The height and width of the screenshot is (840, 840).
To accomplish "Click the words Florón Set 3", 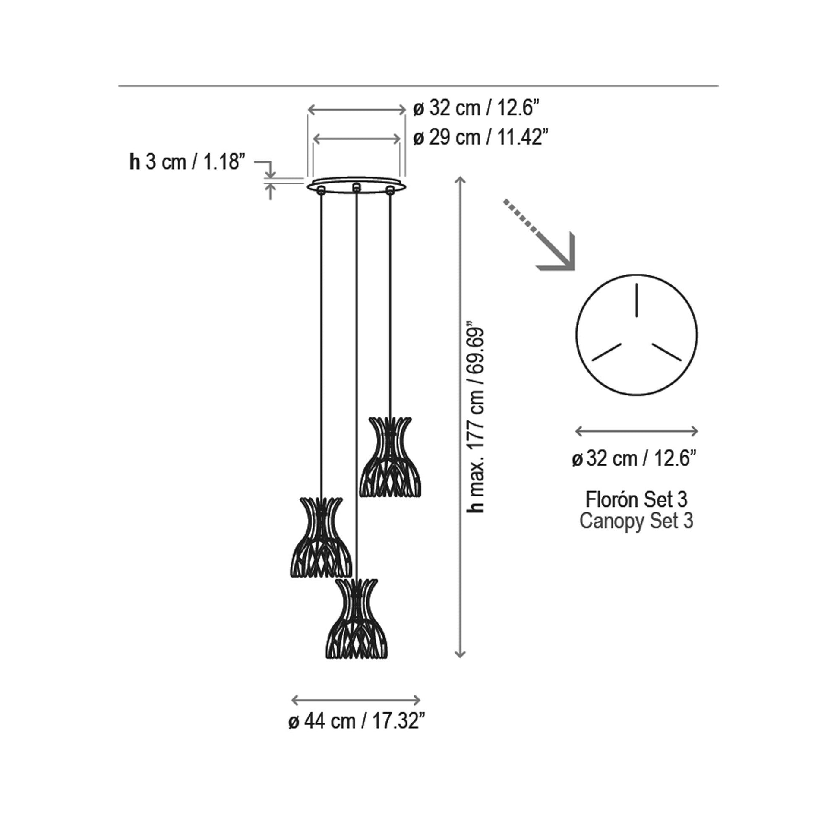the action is click(x=637, y=499).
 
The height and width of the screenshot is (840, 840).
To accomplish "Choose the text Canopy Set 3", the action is click(x=637, y=521).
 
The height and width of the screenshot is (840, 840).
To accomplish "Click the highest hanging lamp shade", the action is click(x=390, y=457).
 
